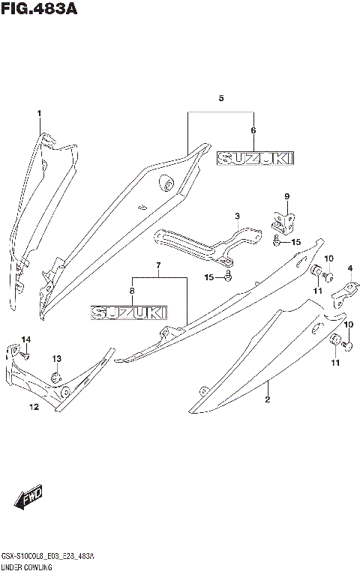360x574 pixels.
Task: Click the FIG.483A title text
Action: click(x=39, y=10)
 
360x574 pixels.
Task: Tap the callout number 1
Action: click(x=39, y=113)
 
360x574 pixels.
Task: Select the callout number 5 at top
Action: click(x=221, y=99)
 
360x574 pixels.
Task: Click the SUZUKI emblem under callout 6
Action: click(x=255, y=158)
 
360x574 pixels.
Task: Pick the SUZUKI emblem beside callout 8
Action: click(x=128, y=310)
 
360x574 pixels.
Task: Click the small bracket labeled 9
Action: click(x=282, y=220)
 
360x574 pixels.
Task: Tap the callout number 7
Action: click(x=158, y=266)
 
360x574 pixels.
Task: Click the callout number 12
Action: click(x=34, y=407)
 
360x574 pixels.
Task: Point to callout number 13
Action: click(x=57, y=359)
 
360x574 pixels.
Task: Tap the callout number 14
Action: click(x=25, y=340)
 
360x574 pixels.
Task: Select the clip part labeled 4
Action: click(x=343, y=291)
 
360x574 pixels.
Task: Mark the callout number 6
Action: click(x=253, y=130)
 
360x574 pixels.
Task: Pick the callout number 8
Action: click(x=131, y=291)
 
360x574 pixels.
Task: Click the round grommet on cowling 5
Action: click(x=166, y=183)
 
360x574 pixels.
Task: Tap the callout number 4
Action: click(x=349, y=269)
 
